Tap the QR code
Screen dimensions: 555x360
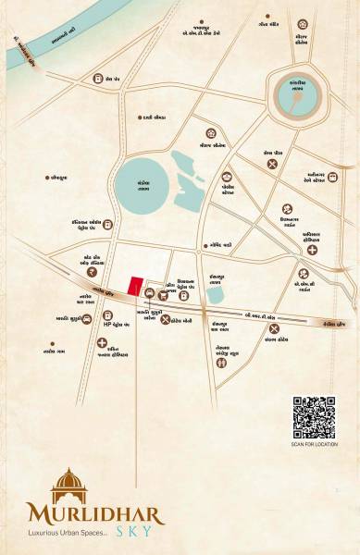314,417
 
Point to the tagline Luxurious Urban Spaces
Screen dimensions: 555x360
82,535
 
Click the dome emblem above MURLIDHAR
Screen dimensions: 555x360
67,485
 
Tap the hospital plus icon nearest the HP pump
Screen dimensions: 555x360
102,342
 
